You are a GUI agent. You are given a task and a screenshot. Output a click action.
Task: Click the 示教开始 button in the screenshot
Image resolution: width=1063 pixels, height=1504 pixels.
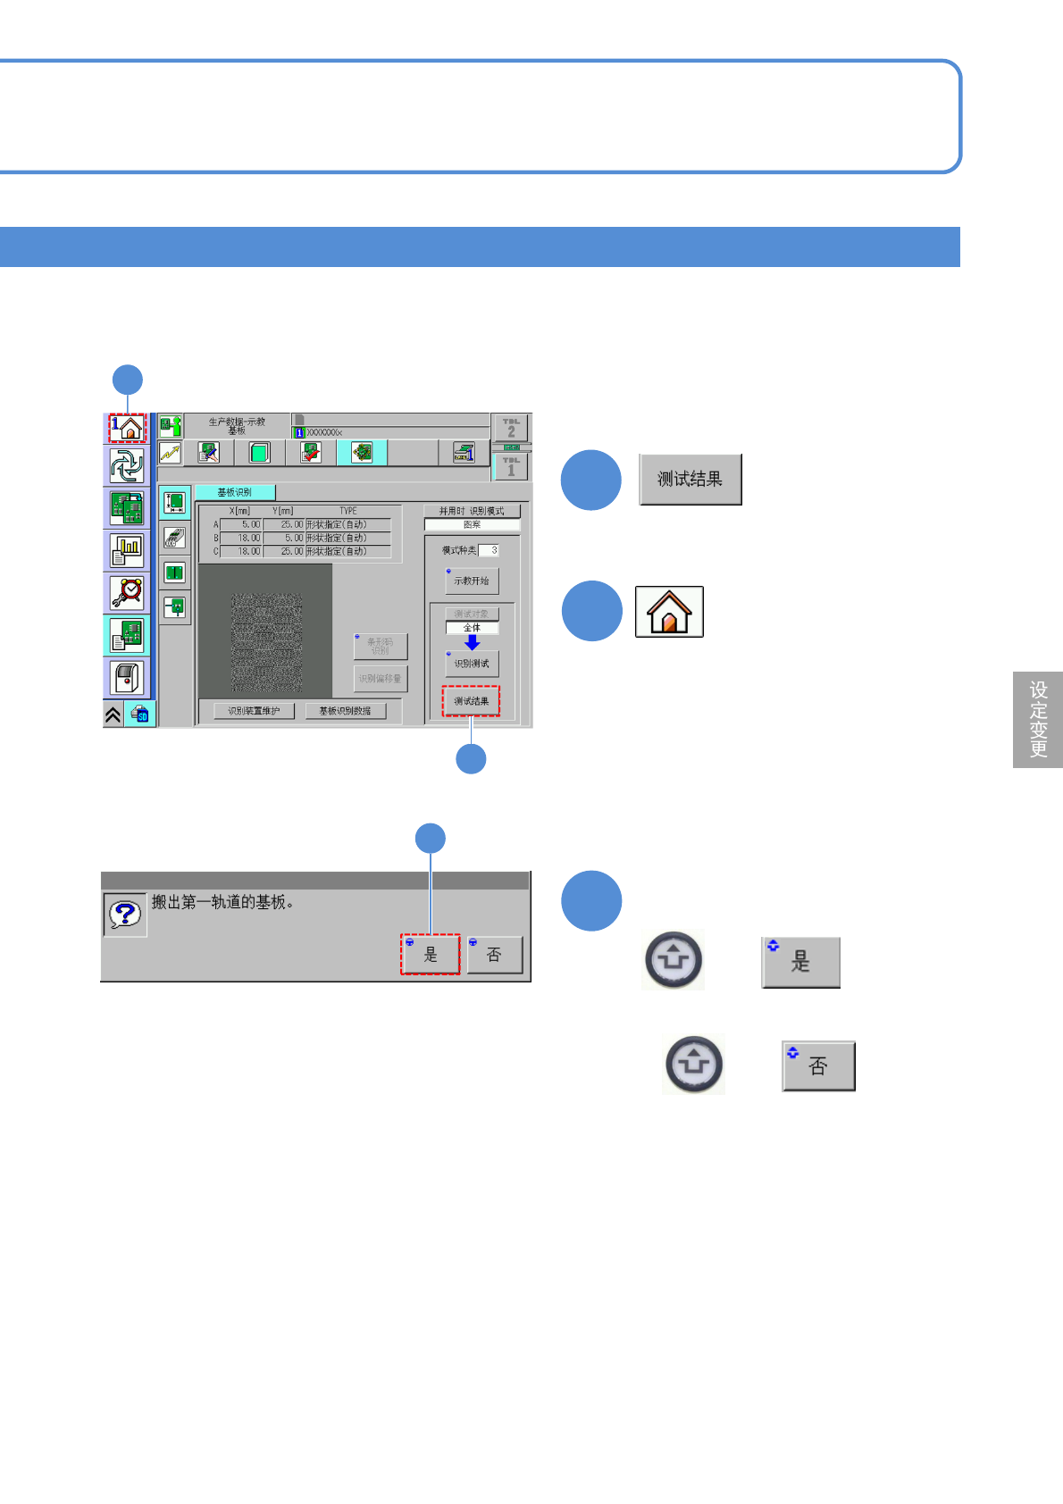point(472,581)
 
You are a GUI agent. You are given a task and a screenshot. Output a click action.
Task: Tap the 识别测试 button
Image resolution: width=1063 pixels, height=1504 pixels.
point(472,664)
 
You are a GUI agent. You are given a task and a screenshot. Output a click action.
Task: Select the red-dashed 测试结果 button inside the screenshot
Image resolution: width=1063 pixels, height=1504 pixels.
point(471,701)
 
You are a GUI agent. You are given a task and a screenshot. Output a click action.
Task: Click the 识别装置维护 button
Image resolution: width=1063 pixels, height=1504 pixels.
point(254,711)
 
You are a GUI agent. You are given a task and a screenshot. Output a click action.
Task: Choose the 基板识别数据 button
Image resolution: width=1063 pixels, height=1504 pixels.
point(345,711)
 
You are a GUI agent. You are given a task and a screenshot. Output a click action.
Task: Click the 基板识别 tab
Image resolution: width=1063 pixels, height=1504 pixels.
point(235,492)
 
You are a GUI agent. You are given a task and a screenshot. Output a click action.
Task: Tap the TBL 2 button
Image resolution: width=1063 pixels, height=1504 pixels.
point(511,428)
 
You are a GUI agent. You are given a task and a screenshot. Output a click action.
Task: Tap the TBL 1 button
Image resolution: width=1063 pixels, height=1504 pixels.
point(511,466)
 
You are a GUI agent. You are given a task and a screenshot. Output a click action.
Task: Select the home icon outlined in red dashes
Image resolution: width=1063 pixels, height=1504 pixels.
point(128,428)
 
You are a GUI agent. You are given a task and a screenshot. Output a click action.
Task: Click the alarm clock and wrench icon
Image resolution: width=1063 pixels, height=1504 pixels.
point(127,593)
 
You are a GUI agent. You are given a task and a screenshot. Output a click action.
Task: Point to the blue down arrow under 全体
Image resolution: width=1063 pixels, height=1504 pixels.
point(472,642)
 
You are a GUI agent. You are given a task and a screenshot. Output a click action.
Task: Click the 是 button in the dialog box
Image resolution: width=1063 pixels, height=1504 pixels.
point(430,954)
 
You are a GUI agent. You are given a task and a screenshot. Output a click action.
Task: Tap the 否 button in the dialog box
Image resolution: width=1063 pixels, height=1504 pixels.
point(494,954)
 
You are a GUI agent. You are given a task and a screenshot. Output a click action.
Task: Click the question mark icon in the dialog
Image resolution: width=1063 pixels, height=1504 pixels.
point(125,914)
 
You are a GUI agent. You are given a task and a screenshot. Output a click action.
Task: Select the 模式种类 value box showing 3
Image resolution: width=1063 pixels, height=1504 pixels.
point(489,550)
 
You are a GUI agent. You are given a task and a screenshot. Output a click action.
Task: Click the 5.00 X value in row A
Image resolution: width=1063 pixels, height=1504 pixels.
point(241,524)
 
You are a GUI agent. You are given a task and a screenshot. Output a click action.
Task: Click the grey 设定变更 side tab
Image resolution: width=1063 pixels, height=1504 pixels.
point(1038,719)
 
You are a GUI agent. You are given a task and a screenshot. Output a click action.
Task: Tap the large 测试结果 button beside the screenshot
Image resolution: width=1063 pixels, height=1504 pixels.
point(691,480)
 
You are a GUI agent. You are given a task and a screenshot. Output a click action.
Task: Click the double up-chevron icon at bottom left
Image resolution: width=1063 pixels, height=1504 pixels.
point(113,714)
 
